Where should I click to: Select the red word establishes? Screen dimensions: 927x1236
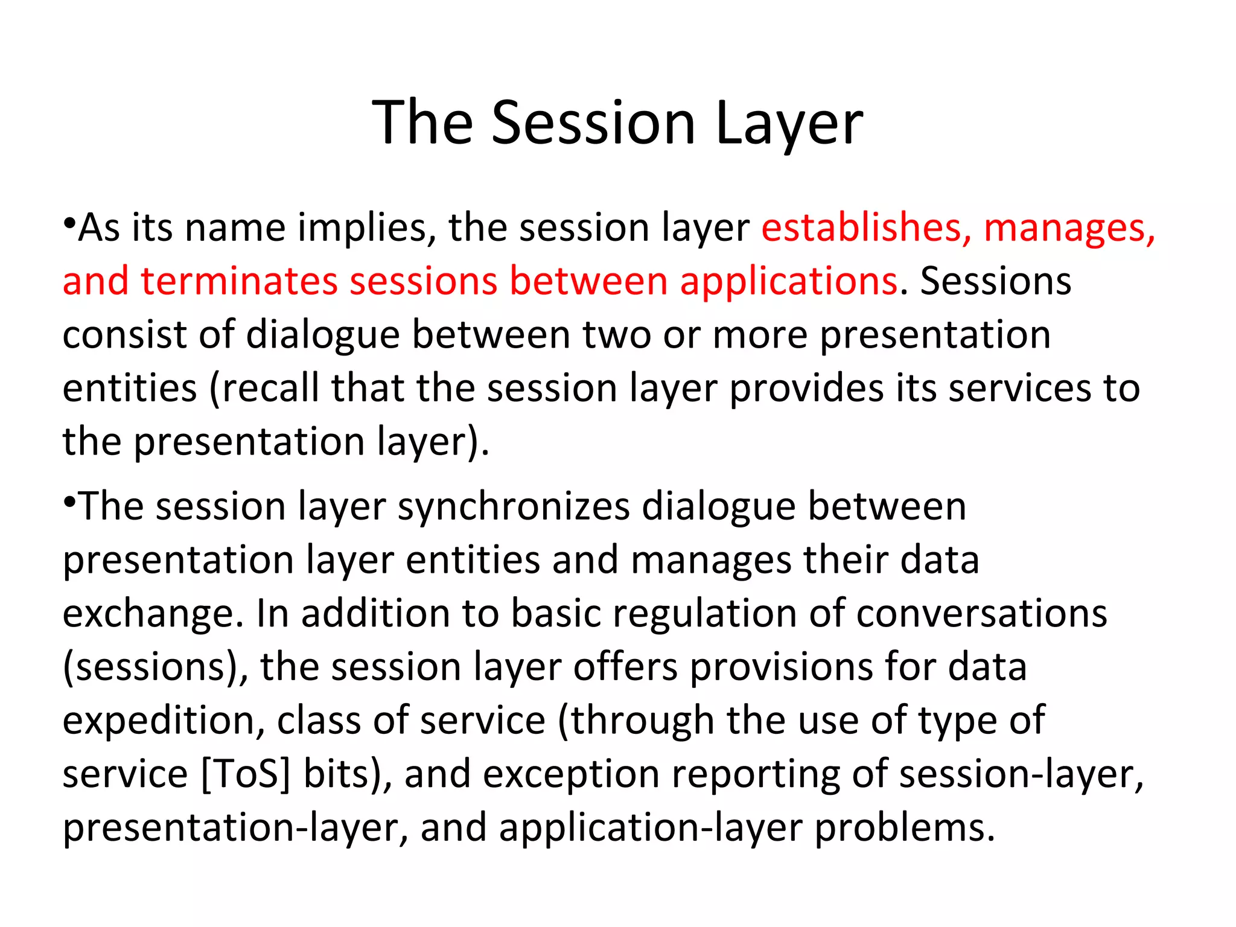pyautogui.click(x=865, y=228)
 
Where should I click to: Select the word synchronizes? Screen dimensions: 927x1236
pyautogui.click(x=514, y=506)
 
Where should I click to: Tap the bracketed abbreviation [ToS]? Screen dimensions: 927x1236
pyautogui.click(x=245, y=774)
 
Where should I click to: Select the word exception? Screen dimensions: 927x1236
pyautogui.click(x=571, y=774)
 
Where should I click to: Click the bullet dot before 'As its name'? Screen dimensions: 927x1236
pyautogui.click(x=69, y=224)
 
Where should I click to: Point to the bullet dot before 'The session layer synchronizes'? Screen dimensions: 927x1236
pyautogui.click(x=69, y=502)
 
